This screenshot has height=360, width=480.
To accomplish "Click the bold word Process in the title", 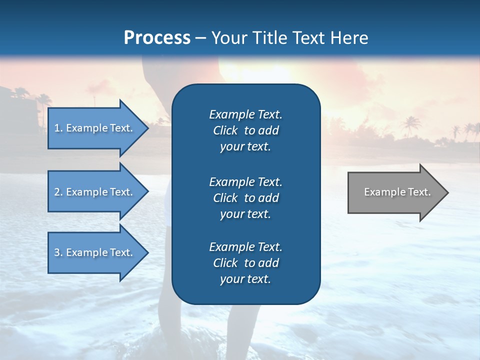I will click(157, 37).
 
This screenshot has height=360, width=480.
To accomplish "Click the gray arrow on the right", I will click(395, 192).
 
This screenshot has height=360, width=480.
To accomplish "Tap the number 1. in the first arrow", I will click(58, 128).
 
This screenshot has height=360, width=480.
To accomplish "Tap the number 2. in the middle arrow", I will click(58, 192).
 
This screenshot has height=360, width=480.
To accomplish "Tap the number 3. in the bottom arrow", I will click(58, 252).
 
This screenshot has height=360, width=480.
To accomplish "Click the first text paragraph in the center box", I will click(245, 130).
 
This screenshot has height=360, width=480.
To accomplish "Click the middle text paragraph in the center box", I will click(245, 198).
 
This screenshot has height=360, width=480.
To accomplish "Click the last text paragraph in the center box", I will click(245, 263).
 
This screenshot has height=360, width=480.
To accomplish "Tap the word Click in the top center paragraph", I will click(225, 130).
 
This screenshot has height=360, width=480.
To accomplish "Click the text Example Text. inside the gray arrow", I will click(397, 192).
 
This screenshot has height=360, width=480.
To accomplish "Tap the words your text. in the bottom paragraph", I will click(245, 279).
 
